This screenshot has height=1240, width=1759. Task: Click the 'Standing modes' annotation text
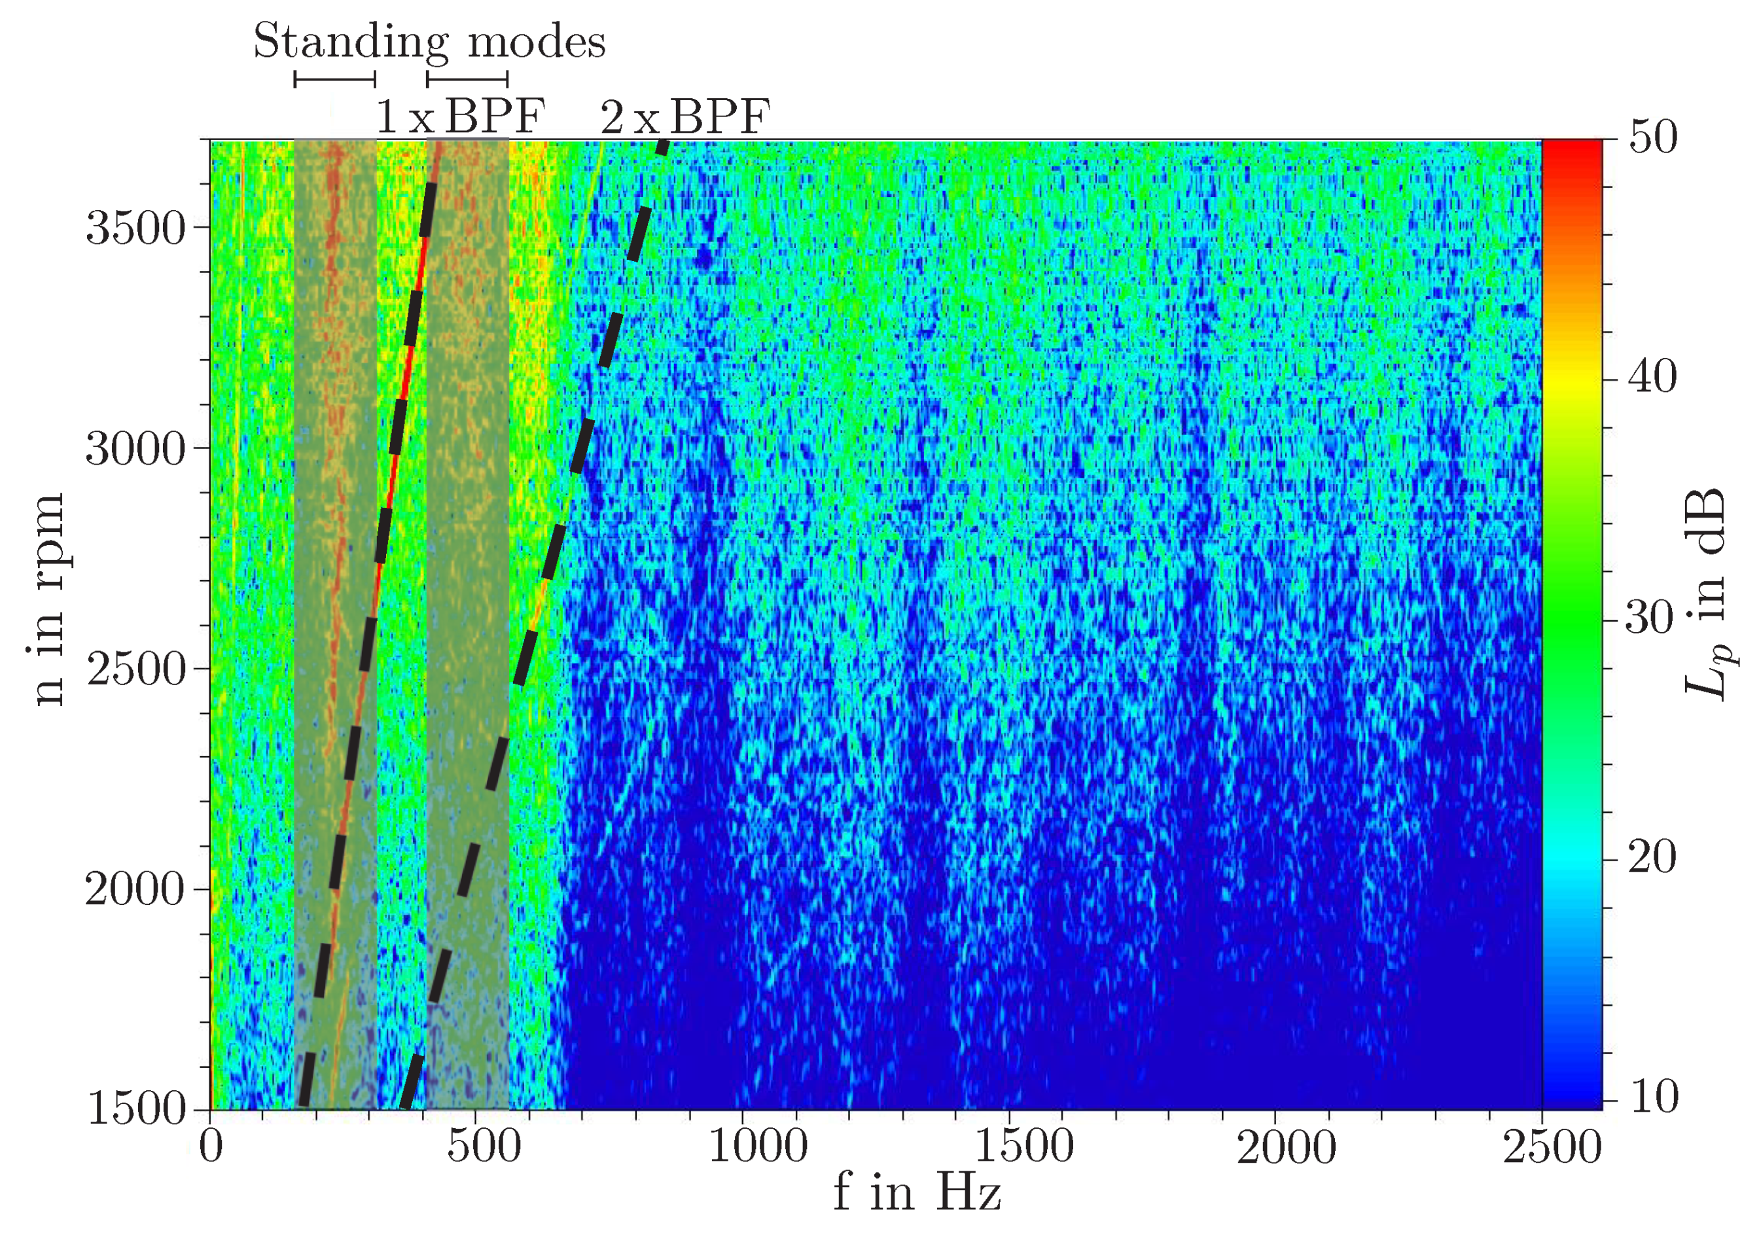pos(429,41)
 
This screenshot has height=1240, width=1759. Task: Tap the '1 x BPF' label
pos(459,117)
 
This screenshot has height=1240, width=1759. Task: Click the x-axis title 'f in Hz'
pos(917,1192)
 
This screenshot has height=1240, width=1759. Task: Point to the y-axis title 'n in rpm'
pos(48,599)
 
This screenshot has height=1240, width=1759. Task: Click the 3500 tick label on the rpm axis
pos(135,228)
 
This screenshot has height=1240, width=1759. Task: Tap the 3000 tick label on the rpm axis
pos(135,448)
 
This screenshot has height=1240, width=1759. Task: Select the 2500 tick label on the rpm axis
pos(135,669)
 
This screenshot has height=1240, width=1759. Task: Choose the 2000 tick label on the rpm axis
pos(135,890)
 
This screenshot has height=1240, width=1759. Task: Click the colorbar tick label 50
pos(1652,139)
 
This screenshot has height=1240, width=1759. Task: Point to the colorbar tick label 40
pos(1652,378)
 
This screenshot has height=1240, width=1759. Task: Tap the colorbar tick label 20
pos(1652,857)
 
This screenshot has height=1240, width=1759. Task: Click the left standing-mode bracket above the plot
pos(335,79)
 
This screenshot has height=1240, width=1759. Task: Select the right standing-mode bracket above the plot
pos(467,79)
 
